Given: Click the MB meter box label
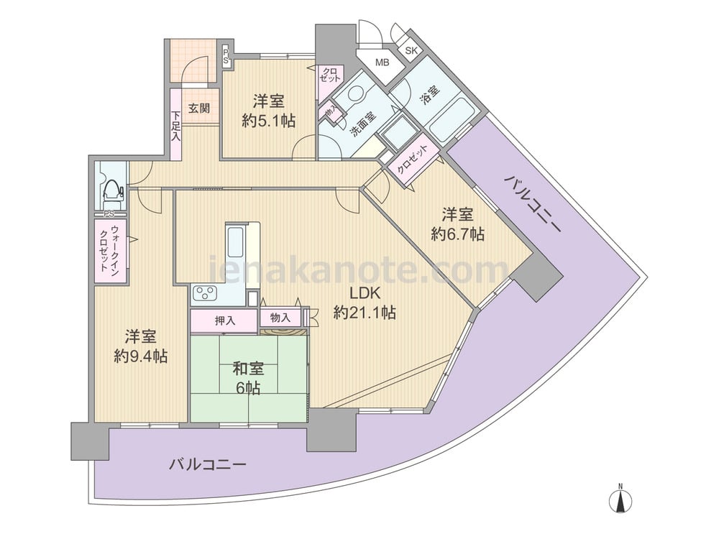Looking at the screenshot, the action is point(382,63).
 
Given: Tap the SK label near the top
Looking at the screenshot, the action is point(411,50).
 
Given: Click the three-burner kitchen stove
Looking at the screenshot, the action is point(205,293).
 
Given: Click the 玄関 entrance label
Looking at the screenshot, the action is point(199,109).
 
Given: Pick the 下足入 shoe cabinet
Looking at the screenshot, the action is point(175,124).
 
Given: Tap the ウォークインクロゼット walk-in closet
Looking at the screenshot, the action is point(111,251).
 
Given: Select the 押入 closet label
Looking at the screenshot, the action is point(225,321).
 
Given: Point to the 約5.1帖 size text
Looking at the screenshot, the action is point(269,121).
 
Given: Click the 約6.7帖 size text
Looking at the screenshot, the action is point(457,235).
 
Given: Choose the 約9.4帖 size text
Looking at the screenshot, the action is point(140,356).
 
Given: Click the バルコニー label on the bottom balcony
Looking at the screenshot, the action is point(207,464).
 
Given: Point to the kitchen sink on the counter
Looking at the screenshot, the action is point(236,241).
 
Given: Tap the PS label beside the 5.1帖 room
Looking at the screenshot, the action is point(226,56).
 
